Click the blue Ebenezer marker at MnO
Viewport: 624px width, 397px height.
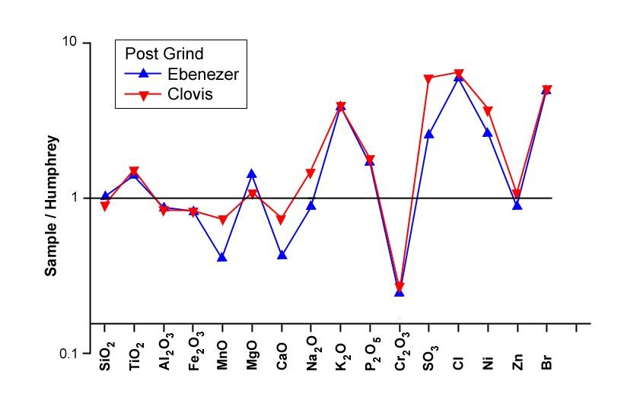click(222, 257)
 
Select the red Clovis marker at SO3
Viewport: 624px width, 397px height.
click(428, 78)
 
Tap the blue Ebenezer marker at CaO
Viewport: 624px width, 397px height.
click(282, 255)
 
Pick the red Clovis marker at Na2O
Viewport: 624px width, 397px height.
click(310, 173)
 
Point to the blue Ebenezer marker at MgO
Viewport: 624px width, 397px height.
click(252, 173)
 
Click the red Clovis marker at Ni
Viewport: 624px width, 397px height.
click(488, 111)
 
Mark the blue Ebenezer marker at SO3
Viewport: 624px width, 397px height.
click(428, 134)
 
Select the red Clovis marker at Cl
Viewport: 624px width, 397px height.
click(458, 74)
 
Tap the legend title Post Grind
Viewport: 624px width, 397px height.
click(164, 54)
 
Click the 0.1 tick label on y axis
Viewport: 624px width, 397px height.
click(67, 354)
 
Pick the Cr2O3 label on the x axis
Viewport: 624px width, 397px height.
click(400, 353)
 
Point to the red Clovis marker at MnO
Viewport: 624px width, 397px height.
click(222, 221)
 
